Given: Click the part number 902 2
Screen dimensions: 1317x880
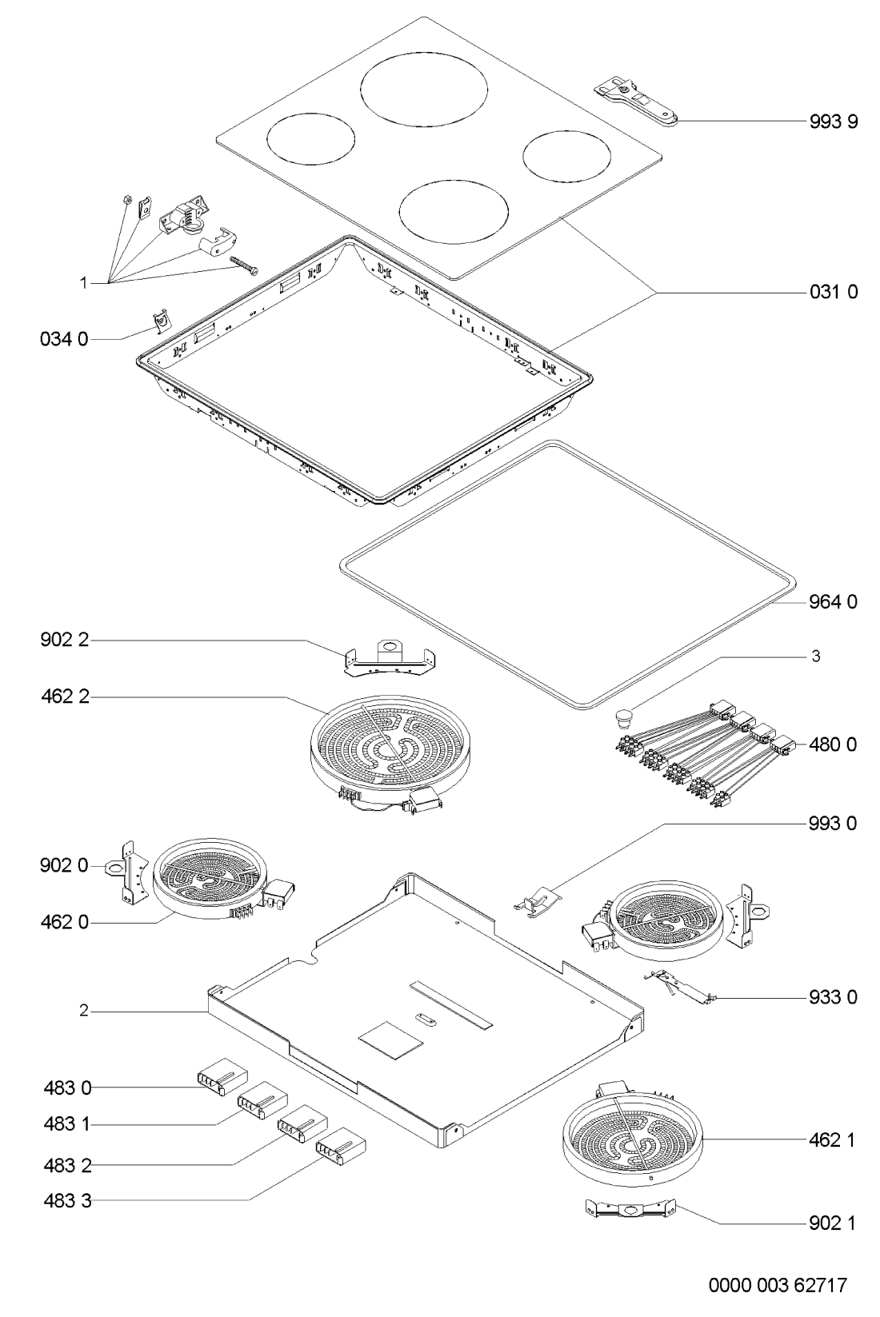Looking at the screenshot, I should [64, 641].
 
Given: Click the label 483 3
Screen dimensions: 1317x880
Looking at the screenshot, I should [66, 1199].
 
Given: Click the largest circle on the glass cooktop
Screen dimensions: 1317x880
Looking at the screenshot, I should [424, 94].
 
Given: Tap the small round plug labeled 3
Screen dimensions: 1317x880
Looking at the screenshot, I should [623, 715].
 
